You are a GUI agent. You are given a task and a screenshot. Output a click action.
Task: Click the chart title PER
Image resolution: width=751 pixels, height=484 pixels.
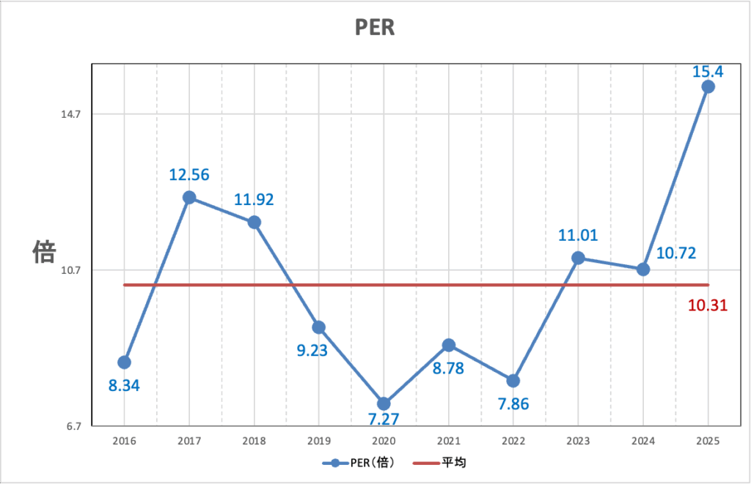[x=375, y=28]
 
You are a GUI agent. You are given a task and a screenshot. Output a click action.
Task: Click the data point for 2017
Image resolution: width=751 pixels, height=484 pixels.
[x=189, y=198]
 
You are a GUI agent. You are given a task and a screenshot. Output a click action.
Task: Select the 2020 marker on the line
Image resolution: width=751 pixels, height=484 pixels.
[x=384, y=403]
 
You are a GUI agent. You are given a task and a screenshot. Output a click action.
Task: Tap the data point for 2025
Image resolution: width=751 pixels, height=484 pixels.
[x=708, y=86]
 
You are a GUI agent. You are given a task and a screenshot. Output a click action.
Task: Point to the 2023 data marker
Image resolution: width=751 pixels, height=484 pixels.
[x=578, y=258]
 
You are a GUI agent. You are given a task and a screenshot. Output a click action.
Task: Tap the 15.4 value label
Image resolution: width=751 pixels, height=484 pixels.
[x=708, y=72]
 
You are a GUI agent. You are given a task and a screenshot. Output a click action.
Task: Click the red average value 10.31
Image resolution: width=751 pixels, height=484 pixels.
[x=708, y=305]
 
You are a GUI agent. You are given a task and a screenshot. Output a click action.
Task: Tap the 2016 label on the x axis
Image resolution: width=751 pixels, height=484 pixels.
[x=124, y=441]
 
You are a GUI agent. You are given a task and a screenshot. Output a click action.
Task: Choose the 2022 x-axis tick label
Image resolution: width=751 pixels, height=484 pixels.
[x=513, y=441]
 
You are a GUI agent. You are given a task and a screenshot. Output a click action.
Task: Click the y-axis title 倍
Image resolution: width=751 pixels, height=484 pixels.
[x=44, y=253]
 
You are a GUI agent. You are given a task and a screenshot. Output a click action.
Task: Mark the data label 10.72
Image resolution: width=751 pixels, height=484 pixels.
[x=676, y=253]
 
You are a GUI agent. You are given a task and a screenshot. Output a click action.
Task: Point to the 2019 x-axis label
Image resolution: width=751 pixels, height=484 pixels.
[x=318, y=441]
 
